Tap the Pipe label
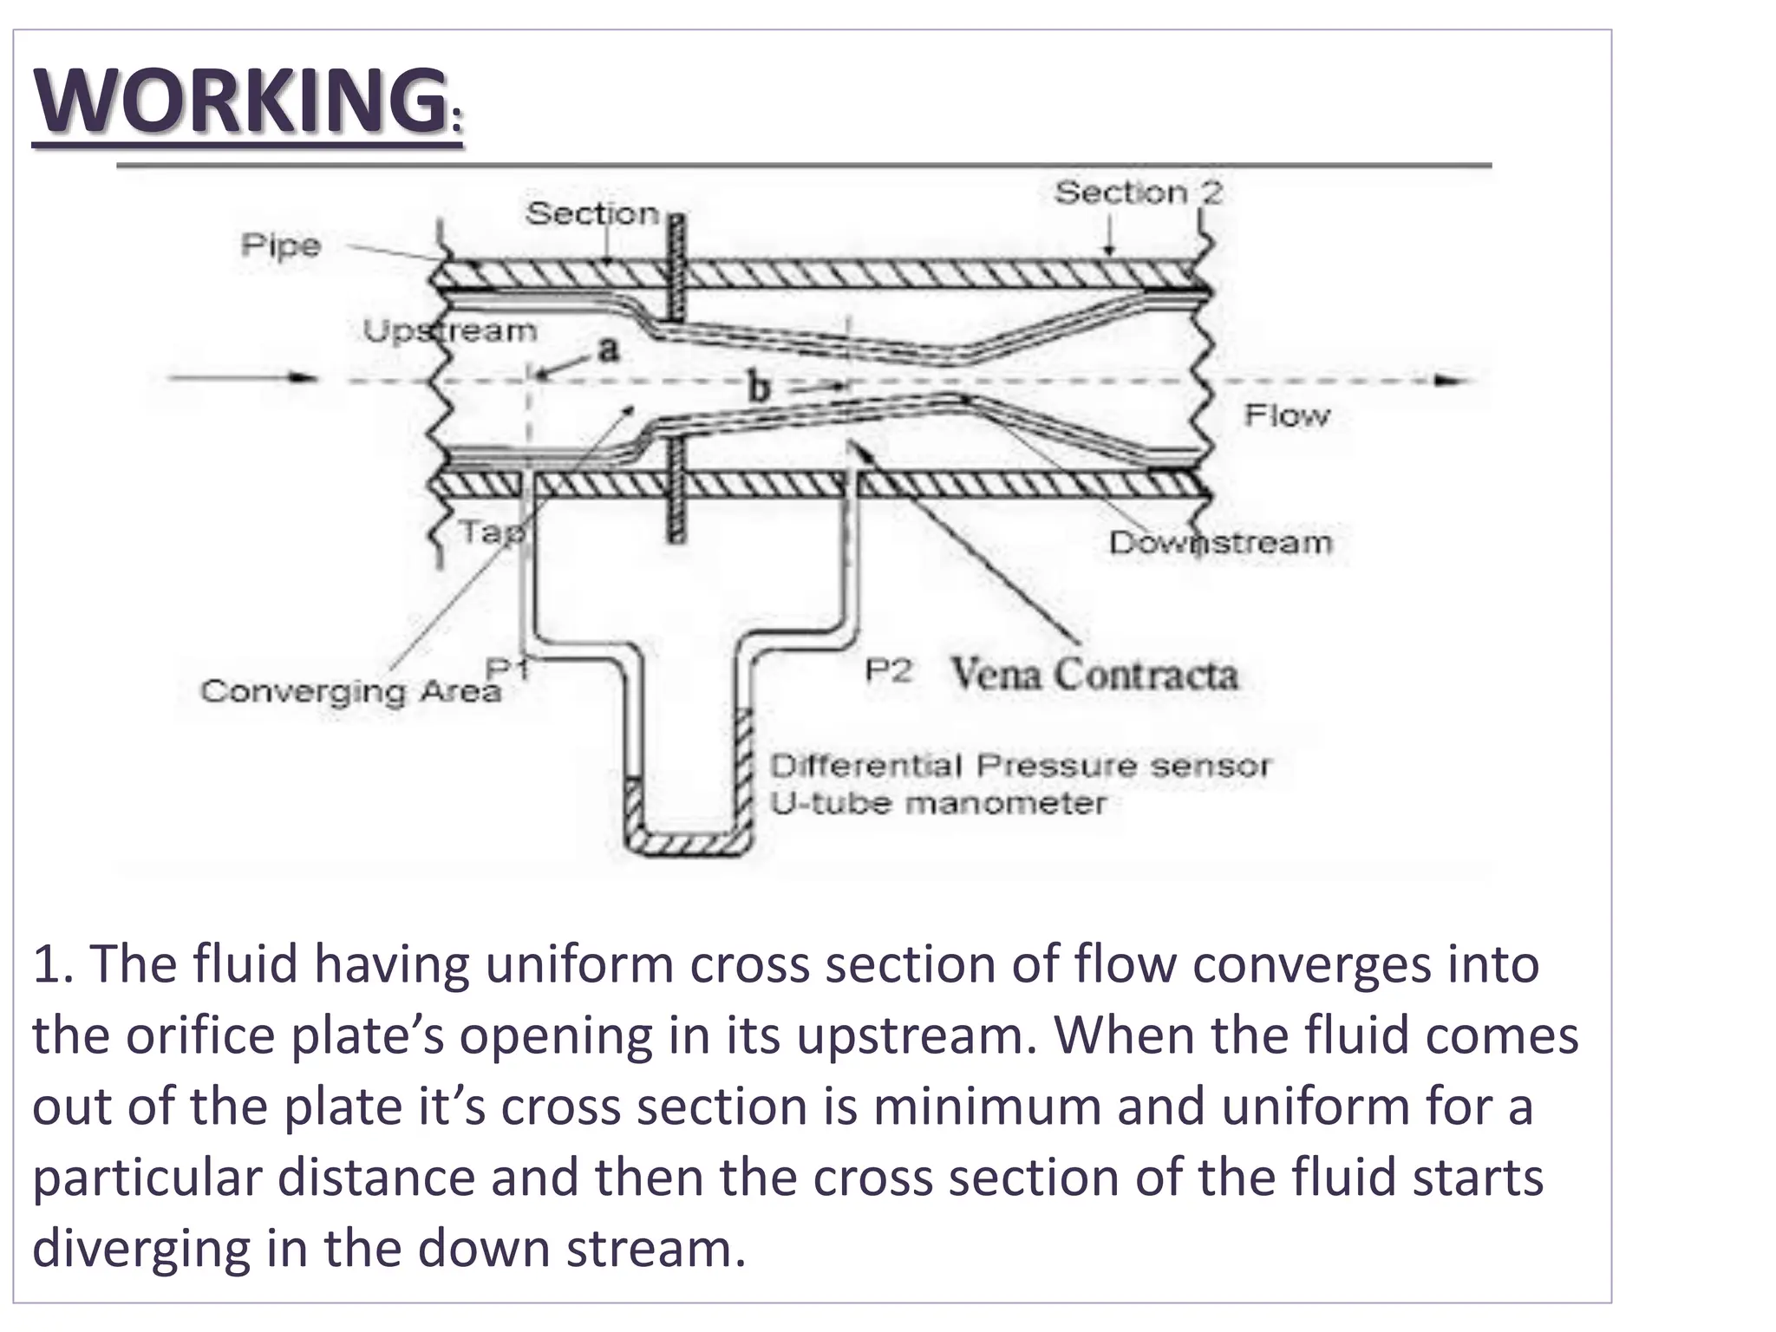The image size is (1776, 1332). pyautogui.click(x=281, y=246)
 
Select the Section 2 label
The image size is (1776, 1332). pyautogui.click(x=1138, y=193)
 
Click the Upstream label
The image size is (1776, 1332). pyautogui.click(x=449, y=331)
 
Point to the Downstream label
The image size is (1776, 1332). pyautogui.click(x=1220, y=543)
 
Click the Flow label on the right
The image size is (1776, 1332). pyautogui.click(x=1287, y=416)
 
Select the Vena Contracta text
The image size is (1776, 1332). pyautogui.click(x=1094, y=674)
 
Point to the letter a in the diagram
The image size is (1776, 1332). pyautogui.click(x=610, y=349)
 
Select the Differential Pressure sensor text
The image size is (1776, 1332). pyautogui.click(x=1020, y=767)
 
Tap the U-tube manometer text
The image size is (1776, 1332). pyautogui.click(x=938, y=804)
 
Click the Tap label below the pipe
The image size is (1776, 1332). pyautogui.click(x=491, y=532)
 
